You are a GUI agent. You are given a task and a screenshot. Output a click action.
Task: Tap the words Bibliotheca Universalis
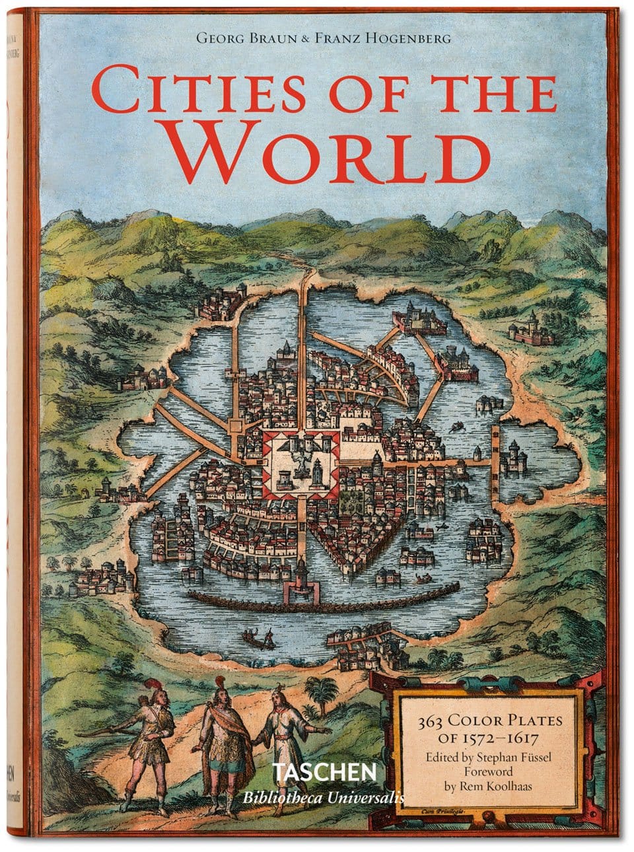[x=324, y=797]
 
